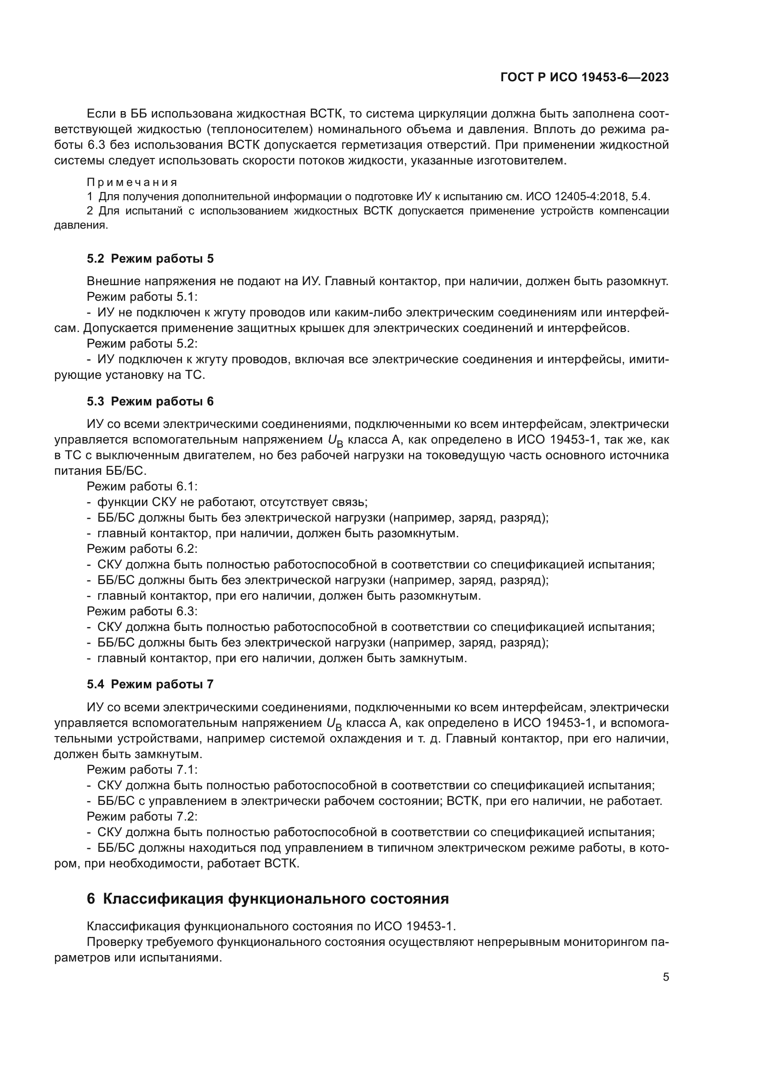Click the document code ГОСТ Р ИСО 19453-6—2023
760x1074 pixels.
584,77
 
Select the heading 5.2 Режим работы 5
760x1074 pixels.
150,259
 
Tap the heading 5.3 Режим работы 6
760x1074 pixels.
150,401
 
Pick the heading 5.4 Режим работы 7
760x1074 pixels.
150,684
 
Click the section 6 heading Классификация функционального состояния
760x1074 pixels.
268,899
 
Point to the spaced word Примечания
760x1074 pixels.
132,182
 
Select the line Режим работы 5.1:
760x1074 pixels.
142,297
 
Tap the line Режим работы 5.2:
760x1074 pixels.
142,344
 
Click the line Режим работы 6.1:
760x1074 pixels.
142,486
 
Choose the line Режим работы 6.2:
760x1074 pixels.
142,549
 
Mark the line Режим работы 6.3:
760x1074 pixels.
142,611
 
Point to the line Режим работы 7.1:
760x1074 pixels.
142,770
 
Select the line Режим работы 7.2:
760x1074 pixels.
142,816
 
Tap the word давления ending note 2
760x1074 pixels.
80,225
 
